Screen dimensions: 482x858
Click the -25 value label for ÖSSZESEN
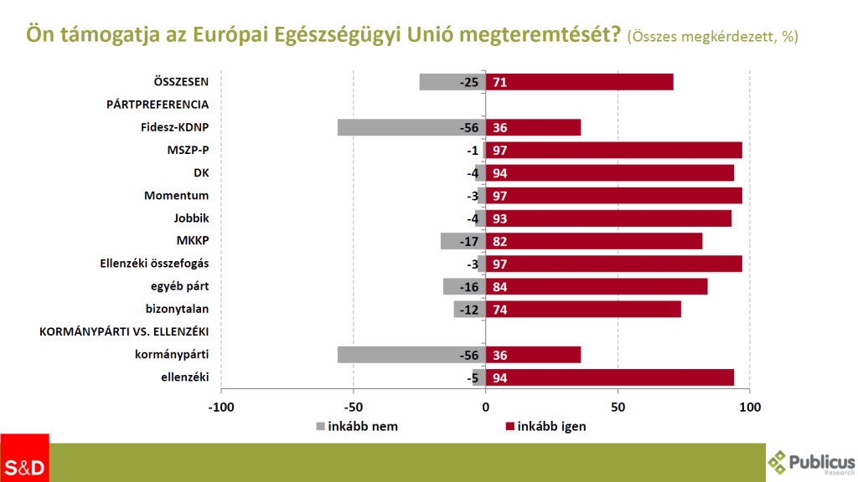469,82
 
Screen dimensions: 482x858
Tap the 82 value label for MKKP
500,242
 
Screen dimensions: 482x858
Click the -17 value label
469,242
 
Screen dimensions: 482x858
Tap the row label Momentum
176,196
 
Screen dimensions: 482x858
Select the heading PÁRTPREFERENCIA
158,105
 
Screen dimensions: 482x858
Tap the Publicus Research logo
811,463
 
